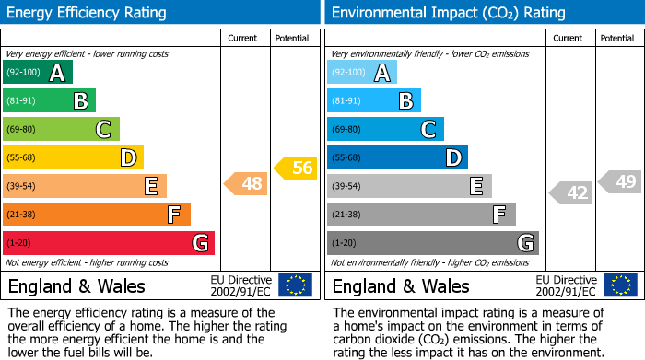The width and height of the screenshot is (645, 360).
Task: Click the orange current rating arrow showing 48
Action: [x=247, y=184]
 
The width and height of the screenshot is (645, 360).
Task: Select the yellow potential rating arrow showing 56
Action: [x=296, y=167]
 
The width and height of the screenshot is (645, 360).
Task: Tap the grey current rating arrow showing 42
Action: [x=571, y=192]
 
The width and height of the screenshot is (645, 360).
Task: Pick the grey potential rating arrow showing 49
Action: [x=620, y=181]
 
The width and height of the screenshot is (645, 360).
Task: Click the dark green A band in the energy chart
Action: [x=37, y=73]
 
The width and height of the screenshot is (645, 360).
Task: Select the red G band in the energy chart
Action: [x=108, y=243]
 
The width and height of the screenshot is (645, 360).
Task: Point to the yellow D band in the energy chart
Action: [x=73, y=157]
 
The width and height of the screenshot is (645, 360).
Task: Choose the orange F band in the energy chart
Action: [x=96, y=215]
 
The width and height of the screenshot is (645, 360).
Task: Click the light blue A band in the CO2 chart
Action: [x=361, y=73]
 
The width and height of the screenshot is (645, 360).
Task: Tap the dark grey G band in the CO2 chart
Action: [x=432, y=243]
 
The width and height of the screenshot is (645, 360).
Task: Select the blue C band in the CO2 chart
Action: [x=385, y=129]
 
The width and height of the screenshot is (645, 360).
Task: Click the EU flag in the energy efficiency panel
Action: [x=296, y=285]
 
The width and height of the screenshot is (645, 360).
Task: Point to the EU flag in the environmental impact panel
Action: [x=620, y=285]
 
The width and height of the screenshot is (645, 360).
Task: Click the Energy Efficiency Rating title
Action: [x=88, y=13]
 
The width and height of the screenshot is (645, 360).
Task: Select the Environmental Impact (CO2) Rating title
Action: [x=448, y=13]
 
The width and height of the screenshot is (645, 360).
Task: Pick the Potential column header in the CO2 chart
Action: [x=617, y=38]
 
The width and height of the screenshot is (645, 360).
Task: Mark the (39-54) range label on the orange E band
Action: [x=22, y=187]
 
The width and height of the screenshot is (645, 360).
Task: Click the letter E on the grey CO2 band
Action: [x=475, y=186]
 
